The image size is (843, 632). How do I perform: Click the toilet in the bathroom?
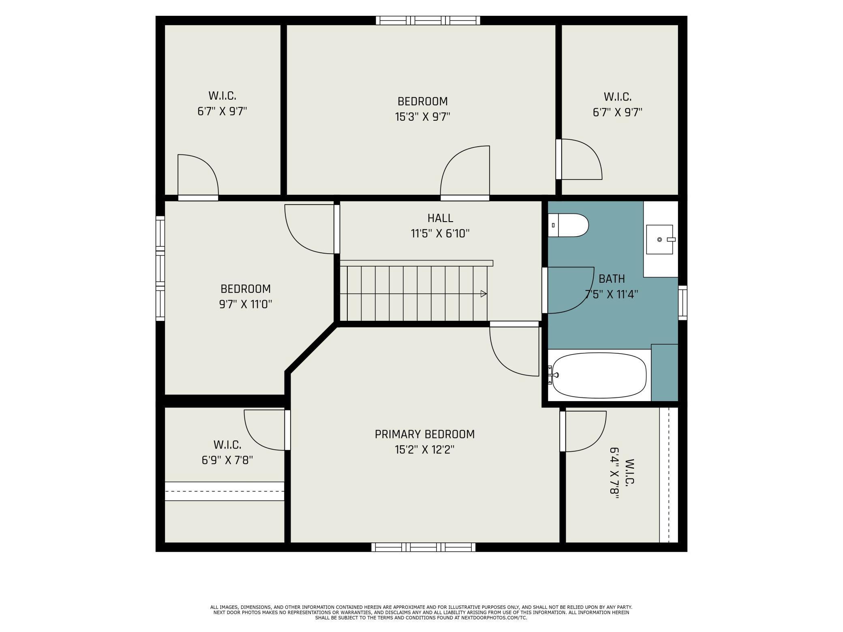[568, 225]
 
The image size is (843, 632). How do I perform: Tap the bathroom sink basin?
[659, 239]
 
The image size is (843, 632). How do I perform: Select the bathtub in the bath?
[599, 375]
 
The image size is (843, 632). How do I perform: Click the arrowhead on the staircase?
[484, 294]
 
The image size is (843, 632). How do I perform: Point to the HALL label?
[440, 218]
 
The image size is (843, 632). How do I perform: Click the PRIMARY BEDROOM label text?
[424, 434]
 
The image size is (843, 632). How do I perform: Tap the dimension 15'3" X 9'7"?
[423, 117]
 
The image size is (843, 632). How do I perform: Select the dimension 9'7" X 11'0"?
[246, 304]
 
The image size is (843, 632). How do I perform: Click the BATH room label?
[612, 279]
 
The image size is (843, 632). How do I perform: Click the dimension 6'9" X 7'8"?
[227, 460]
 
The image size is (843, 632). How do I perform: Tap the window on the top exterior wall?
[428, 20]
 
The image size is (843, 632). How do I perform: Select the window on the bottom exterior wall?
[424, 547]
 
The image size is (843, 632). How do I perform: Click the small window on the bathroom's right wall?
[683, 303]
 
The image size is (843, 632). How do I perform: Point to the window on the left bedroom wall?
[160, 268]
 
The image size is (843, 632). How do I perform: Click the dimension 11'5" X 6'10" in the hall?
[440, 233]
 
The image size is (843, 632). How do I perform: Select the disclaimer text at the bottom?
[421, 613]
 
